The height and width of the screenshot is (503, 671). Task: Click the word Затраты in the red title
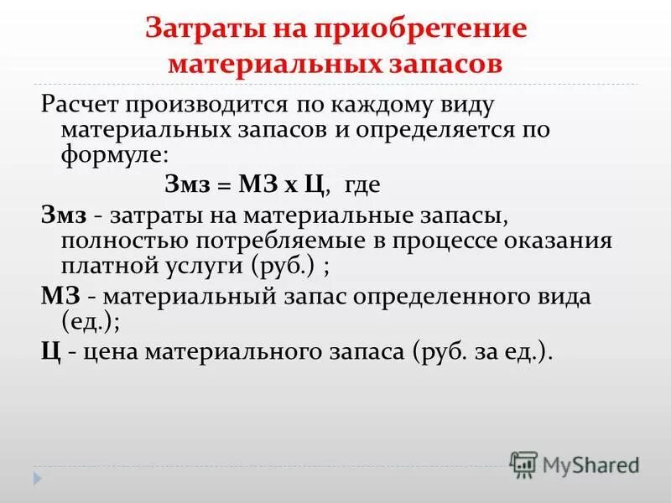pos(198,29)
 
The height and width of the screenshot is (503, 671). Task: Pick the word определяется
pos(441,131)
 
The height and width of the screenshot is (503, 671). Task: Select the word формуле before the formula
pos(110,155)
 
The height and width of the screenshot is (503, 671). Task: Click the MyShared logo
pos(575,463)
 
